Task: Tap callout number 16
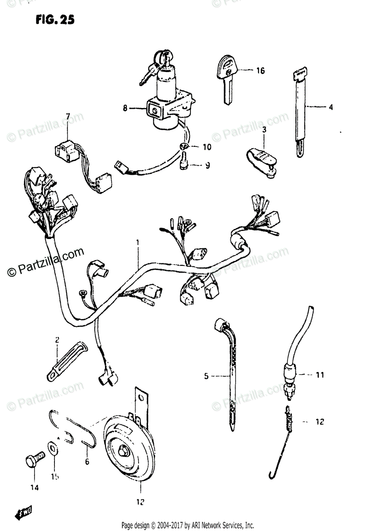260,70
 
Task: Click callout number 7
68,116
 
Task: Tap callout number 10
207,146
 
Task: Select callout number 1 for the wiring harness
138,242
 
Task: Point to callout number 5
206,376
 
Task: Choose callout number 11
320,375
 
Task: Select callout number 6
87,462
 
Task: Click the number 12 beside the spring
320,422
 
